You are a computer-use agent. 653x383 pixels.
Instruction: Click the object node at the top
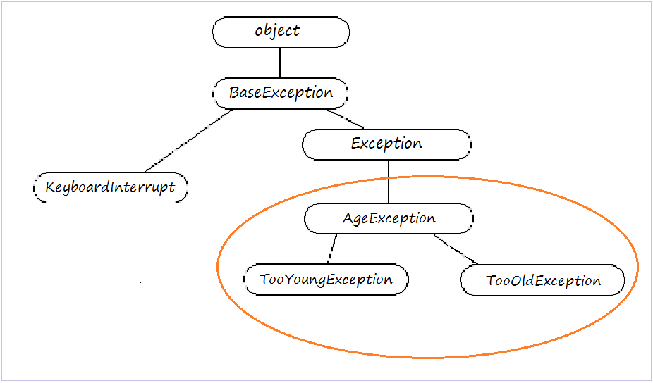tap(280, 32)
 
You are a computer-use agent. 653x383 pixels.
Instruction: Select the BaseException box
tap(280, 93)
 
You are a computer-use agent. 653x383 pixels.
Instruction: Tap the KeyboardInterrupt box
tap(111, 189)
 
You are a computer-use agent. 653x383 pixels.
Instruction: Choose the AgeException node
tap(389, 218)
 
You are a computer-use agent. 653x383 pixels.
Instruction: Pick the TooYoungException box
tap(326, 280)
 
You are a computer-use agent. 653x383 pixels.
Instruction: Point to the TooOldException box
tap(542, 281)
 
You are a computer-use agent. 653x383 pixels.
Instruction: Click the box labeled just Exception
tap(386, 144)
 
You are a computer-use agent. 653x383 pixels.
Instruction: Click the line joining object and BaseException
tap(280, 62)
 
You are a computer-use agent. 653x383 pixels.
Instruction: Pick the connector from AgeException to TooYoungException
tap(331, 249)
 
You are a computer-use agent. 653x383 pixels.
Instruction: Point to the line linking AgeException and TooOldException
tap(456, 249)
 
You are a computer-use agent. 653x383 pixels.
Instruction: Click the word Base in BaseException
tap(243, 93)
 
